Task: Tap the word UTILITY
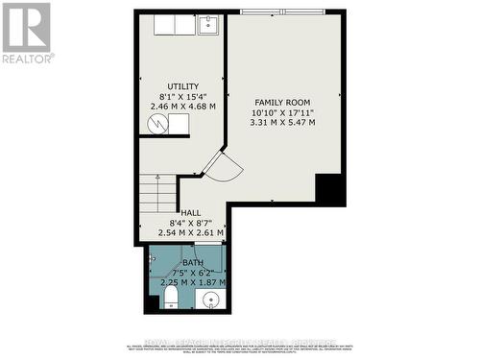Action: [x=182, y=86]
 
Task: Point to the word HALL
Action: [x=193, y=213]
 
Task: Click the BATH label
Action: [x=193, y=262]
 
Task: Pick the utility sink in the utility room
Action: [x=208, y=24]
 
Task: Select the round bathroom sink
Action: [x=211, y=300]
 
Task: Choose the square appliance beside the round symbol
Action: [x=178, y=124]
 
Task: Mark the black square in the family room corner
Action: [x=329, y=189]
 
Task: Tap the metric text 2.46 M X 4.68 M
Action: [x=182, y=107]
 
